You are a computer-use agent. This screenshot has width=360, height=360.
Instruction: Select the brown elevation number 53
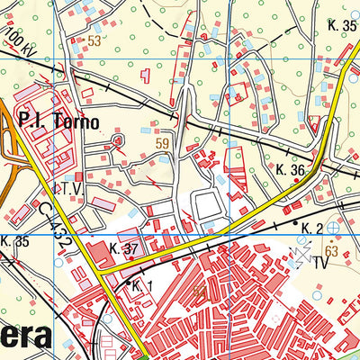(94, 40)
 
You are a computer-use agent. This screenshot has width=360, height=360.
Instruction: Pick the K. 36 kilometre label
(292, 169)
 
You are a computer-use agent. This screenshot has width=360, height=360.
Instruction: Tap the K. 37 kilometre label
(124, 247)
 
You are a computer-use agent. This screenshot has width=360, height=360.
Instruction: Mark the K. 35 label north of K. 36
(343, 25)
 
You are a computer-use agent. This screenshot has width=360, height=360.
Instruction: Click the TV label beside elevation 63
(319, 265)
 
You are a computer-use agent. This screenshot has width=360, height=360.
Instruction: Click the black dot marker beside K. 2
(294, 220)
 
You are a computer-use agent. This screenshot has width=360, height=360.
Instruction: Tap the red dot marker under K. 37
(131, 257)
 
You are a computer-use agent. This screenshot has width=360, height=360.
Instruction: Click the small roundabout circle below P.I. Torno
(117, 140)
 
